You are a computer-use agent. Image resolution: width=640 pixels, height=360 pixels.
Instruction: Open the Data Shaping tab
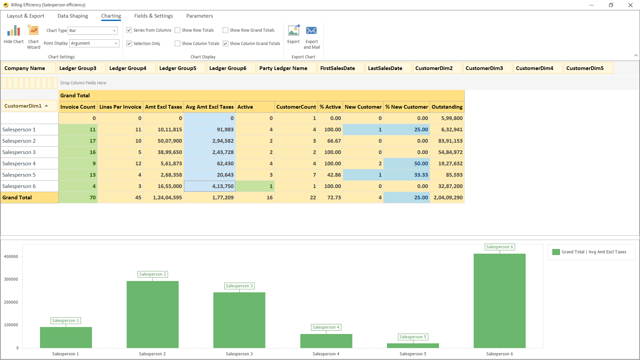[x=73, y=16]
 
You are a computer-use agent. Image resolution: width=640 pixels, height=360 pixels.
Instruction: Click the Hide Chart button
[x=14, y=35]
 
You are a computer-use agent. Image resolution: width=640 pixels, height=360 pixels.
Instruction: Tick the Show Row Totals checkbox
[x=178, y=30]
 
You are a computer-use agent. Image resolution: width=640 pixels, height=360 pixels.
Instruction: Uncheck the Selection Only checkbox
[x=129, y=44]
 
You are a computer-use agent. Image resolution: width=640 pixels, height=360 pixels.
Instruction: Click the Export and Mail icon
[x=311, y=31]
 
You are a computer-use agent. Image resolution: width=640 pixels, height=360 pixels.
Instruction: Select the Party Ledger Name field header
[x=283, y=68]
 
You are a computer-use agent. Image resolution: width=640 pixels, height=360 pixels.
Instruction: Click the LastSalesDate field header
[x=385, y=68]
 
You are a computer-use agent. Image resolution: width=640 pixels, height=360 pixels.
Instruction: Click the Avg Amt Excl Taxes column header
[x=209, y=107]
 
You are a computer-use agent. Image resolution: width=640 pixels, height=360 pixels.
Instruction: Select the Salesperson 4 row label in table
[x=19, y=164]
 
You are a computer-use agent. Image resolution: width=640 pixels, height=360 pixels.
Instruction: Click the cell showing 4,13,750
[x=210, y=186]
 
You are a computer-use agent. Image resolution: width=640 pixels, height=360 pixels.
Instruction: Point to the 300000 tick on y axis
[x=11, y=279]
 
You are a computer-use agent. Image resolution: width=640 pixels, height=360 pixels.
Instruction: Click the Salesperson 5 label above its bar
[x=413, y=337]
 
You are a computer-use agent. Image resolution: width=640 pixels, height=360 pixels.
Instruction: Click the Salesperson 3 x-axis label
[x=239, y=354]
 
